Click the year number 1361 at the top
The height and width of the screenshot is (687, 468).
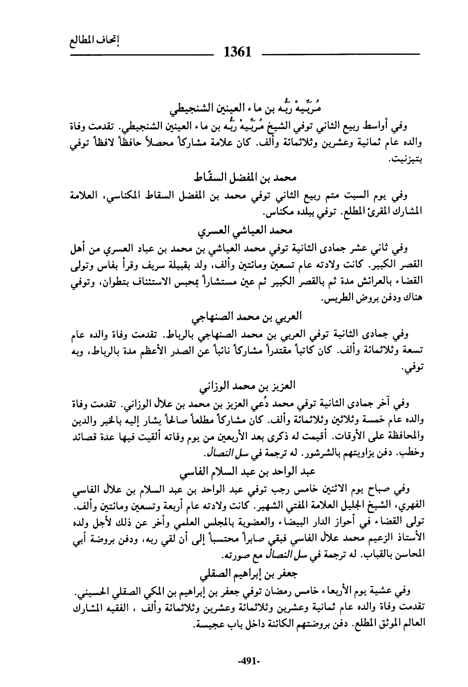[x=237, y=52]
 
